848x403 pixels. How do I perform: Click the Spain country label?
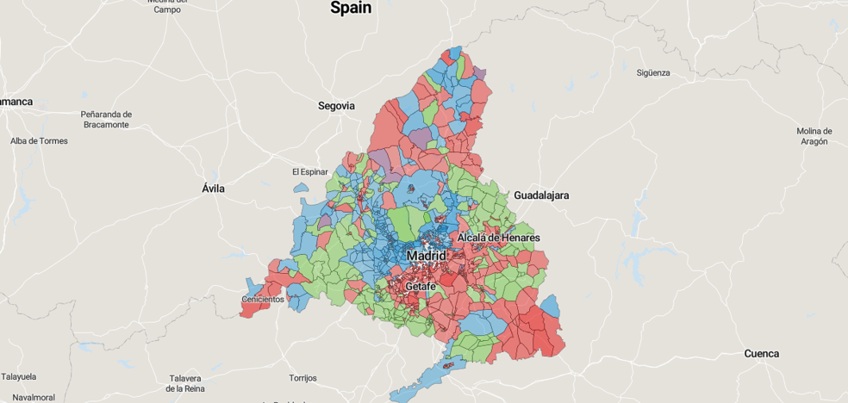[351, 8]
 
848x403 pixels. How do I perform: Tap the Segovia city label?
[336, 106]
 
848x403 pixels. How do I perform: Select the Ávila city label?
[213, 189]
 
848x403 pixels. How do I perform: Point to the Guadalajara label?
[541, 195]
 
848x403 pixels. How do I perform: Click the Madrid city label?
[427, 256]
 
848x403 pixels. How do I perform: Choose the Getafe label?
[420, 286]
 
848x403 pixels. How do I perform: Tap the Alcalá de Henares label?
[499, 238]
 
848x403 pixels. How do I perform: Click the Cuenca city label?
[761, 354]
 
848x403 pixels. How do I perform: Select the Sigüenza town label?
[653, 73]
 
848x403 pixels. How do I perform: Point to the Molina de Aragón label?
[814, 136]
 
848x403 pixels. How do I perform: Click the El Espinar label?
[310, 172]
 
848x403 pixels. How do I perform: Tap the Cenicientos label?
[263, 300]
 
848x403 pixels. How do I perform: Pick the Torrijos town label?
[302, 378]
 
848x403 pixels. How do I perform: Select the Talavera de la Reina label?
[184, 383]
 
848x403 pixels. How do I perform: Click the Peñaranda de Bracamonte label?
[106, 120]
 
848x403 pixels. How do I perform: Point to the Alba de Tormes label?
[39, 141]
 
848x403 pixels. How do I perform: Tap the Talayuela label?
[19, 377]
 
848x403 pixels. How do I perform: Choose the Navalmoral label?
[34, 397]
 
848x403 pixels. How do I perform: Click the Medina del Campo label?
[167, 6]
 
